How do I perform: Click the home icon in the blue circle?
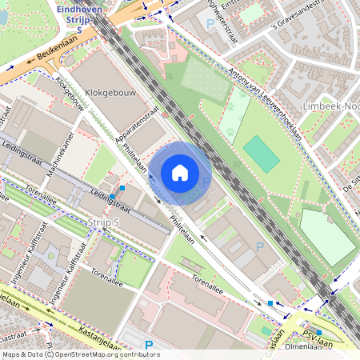pos(179,173)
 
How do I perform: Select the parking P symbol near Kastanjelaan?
pos(148,346)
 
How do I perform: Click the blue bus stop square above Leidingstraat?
pos(122,187)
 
